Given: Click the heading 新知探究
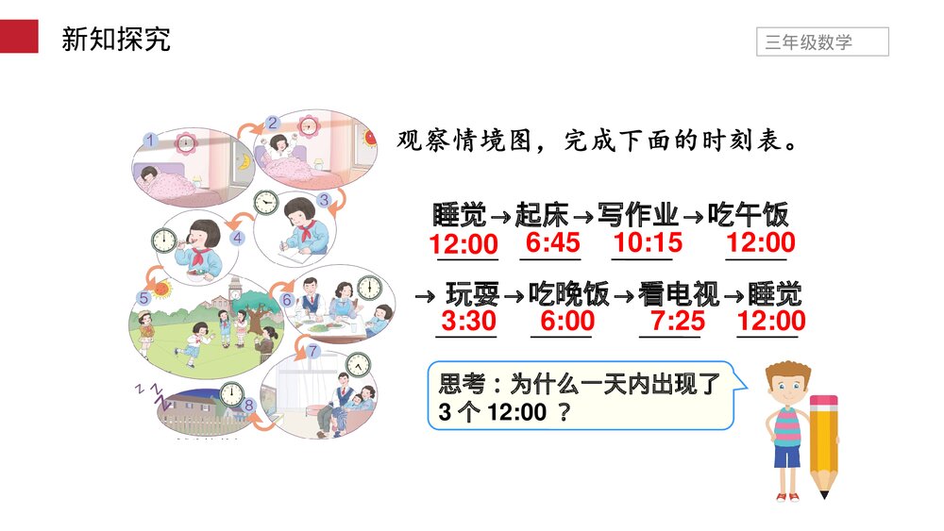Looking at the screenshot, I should point(115,40).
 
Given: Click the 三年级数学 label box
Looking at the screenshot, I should point(822,42).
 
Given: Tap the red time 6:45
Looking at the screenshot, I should point(553,243).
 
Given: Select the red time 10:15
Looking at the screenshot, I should point(648,243).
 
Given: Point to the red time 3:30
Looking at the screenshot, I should point(469,321).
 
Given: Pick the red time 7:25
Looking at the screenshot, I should point(678,321).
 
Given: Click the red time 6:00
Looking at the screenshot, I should point(567,321).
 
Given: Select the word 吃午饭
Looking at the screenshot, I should point(749,215).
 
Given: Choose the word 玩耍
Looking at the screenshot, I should point(472,294).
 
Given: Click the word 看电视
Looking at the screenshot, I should point(678,294).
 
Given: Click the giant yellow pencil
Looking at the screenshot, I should point(823,443).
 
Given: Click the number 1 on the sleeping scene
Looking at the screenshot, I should point(149,140).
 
